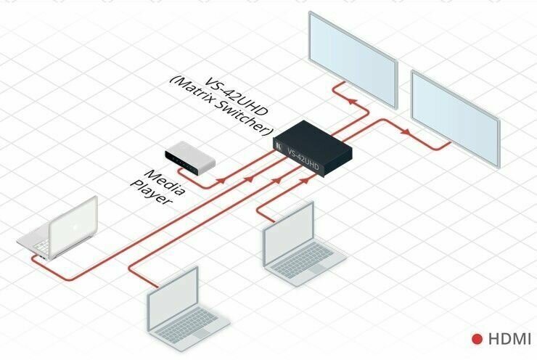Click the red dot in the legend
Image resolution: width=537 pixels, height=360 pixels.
point(477,339)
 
